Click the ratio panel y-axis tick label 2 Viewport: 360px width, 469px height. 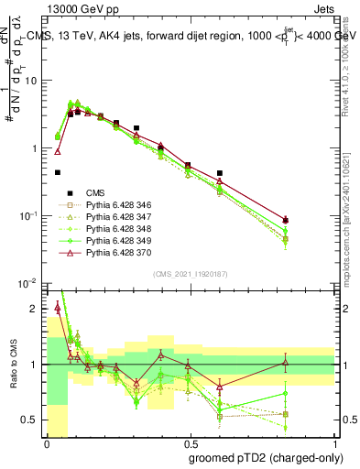[37, 309]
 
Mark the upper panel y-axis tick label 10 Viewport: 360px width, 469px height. [33, 81]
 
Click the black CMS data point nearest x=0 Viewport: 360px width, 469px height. [58, 172]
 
